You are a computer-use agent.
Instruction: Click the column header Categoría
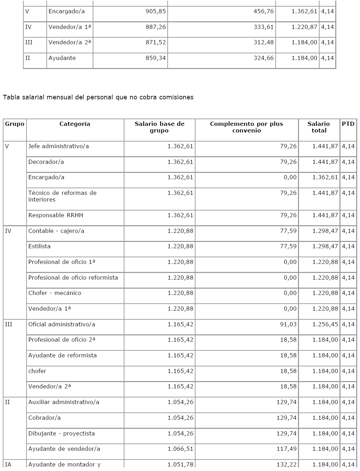pyautogui.click(x=75, y=124)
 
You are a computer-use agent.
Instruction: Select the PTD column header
pyautogui.click(x=348, y=124)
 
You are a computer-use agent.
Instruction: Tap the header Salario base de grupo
pyautogui.click(x=159, y=127)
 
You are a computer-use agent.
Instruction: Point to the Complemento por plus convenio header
pyautogui.click(x=246, y=127)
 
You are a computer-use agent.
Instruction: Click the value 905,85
pyautogui.click(x=155, y=11)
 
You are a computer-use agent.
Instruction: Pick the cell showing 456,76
pyautogui.click(x=263, y=11)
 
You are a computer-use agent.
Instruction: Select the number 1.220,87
pyautogui.click(x=304, y=27)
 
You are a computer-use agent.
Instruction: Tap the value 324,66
pyautogui.click(x=263, y=58)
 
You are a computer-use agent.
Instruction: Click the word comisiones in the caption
pyautogui.click(x=176, y=97)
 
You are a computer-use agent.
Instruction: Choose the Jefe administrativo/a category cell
pyautogui.click(x=59, y=146)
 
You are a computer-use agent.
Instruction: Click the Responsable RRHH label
pyautogui.click(x=56, y=215)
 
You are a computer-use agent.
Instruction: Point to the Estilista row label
pyautogui.click(x=39, y=246)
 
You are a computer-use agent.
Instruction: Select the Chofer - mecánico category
pyautogui.click(x=55, y=293)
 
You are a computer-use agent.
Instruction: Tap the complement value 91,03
pyautogui.click(x=288, y=324)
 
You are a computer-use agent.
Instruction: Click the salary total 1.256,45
pyautogui.click(x=325, y=324)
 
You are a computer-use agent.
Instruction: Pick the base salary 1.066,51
pyautogui.click(x=180, y=449)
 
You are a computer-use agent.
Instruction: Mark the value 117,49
pyautogui.click(x=286, y=449)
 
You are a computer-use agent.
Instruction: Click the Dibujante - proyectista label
pyautogui.click(x=61, y=433)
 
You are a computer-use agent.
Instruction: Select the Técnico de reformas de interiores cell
pyautogui.click(x=62, y=196)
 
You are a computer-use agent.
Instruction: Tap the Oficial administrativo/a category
pyautogui.click(x=62, y=324)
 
